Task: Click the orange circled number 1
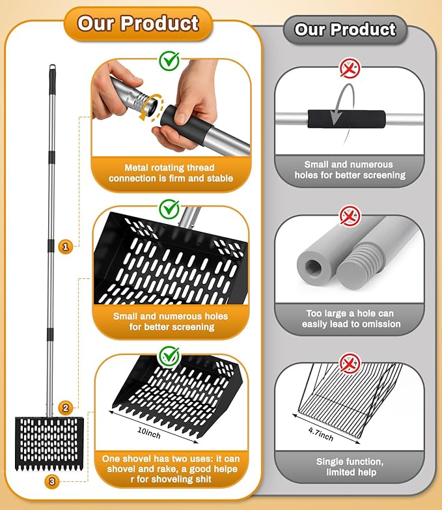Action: click(x=65, y=247)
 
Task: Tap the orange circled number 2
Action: click(x=65, y=408)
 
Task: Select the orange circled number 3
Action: click(x=52, y=481)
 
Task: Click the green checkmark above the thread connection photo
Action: click(x=169, y=61)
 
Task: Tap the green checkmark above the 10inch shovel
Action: click(x=169, y=356)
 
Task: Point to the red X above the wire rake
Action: click(x=350, y=363)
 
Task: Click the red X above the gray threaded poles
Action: click(x=350, y=216)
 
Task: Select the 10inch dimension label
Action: click(x=149, y=432)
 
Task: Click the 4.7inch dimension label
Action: click(x=321, y=434)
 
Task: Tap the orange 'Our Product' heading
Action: click(x=138, y=23)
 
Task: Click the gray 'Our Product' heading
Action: click(x=345, y=29)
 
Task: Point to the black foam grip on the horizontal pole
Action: click(x=346, y=119)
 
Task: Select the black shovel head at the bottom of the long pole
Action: click(x=49, y=444)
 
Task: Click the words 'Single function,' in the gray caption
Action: click(x=350, y=462)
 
